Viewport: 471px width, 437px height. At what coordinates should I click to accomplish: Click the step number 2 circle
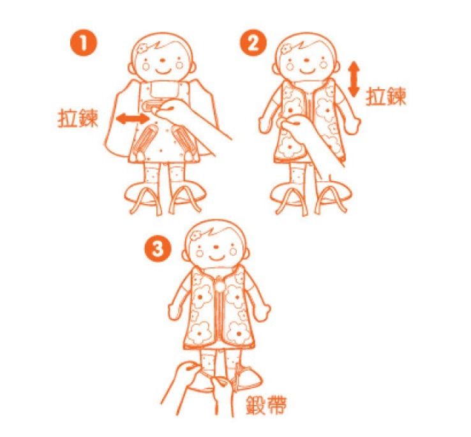pos(251,45)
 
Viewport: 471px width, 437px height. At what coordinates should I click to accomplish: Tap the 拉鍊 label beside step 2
pos(386,96)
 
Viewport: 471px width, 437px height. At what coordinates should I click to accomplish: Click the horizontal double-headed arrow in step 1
pos(133,119)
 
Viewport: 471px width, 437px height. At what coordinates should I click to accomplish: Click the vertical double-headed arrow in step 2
pos(354,79)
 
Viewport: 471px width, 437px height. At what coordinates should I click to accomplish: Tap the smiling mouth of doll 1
pos(164,66)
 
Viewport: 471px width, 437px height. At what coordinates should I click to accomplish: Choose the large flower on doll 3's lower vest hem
pos(234,330)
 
